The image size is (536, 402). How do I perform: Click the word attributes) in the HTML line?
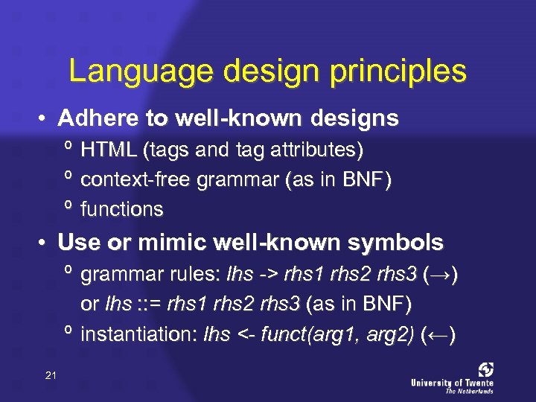318,150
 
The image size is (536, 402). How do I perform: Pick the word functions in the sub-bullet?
121,209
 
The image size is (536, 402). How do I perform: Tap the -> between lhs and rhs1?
268,275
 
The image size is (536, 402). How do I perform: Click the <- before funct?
244,335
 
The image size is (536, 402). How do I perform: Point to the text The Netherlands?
469,390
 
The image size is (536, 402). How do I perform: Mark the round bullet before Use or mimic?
45,243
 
